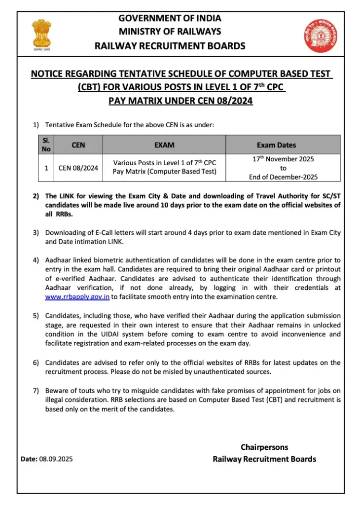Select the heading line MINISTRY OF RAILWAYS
tap(170, 32)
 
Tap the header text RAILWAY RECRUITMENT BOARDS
tap(170, 46)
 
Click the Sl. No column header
tap(46, 144)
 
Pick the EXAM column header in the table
tap(164, 145)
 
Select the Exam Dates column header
tap(283, 145)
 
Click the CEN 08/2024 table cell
tap(78, 168)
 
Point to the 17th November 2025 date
tap(283, 159)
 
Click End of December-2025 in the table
tap(283, 177)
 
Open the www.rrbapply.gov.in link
tap(77, 297)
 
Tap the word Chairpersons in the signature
tap(264, 447)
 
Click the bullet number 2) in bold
tap(36, 196)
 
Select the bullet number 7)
tap(36, 391)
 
